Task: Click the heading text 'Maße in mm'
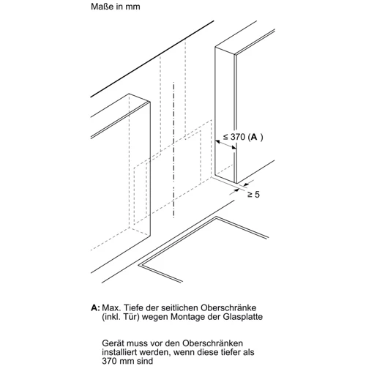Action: point(116,7)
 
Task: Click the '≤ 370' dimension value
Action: point(234,137)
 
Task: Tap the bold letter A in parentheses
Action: point(254,137)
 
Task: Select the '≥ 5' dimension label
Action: point(253,195)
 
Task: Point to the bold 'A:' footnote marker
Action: point(95,307)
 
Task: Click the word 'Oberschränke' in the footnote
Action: point(228,307)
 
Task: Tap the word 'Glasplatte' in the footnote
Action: point(242,317)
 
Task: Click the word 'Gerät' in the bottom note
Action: point(113,343)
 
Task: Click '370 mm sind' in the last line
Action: point(127,361)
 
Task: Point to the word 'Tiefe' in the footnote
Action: point(134,307)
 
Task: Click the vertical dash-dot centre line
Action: point(173,150)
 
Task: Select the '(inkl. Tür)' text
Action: point(121,317)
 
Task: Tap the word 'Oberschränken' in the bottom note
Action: point(213,343)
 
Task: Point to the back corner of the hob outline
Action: point(216,217)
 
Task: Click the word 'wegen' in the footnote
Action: point(155,318)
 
